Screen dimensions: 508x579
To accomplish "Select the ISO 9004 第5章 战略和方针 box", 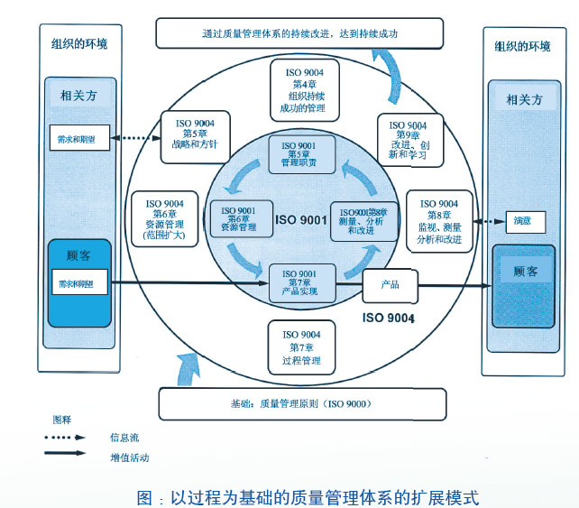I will [x=194, y=136].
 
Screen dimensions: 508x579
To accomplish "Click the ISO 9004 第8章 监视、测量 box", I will [x=440, y=221].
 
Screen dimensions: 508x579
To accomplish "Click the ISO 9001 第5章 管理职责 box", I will [x=302, y=153].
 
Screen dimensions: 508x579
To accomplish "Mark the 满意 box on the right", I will [x=524, y=221].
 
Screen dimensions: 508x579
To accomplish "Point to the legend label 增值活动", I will [x=129, y=457].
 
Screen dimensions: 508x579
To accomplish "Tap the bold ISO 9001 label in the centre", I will [x=300, y=220].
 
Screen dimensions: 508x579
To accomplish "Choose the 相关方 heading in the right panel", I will [x=525, y=100].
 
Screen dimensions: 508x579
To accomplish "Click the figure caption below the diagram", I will [x=307, y=496].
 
